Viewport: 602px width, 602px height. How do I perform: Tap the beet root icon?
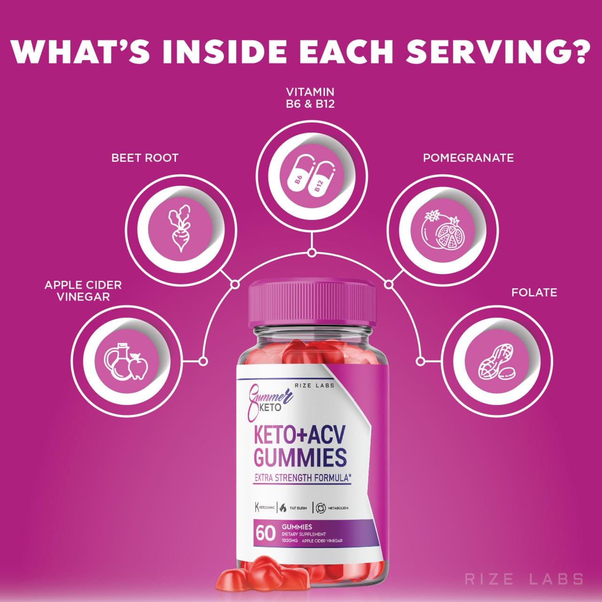(180, 228)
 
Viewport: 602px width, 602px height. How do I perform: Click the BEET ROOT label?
(145, 158)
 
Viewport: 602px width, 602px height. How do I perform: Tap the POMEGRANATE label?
(468, 158)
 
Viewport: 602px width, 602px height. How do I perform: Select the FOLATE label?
(534, 293)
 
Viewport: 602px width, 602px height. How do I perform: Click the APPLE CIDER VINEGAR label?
(83, 291)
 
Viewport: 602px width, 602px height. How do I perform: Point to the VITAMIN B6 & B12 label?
(310, 97)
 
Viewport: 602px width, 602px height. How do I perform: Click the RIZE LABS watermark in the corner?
(523, 579)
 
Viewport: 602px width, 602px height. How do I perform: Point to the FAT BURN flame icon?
(283, 507)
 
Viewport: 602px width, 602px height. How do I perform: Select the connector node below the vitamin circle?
(311, 253)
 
